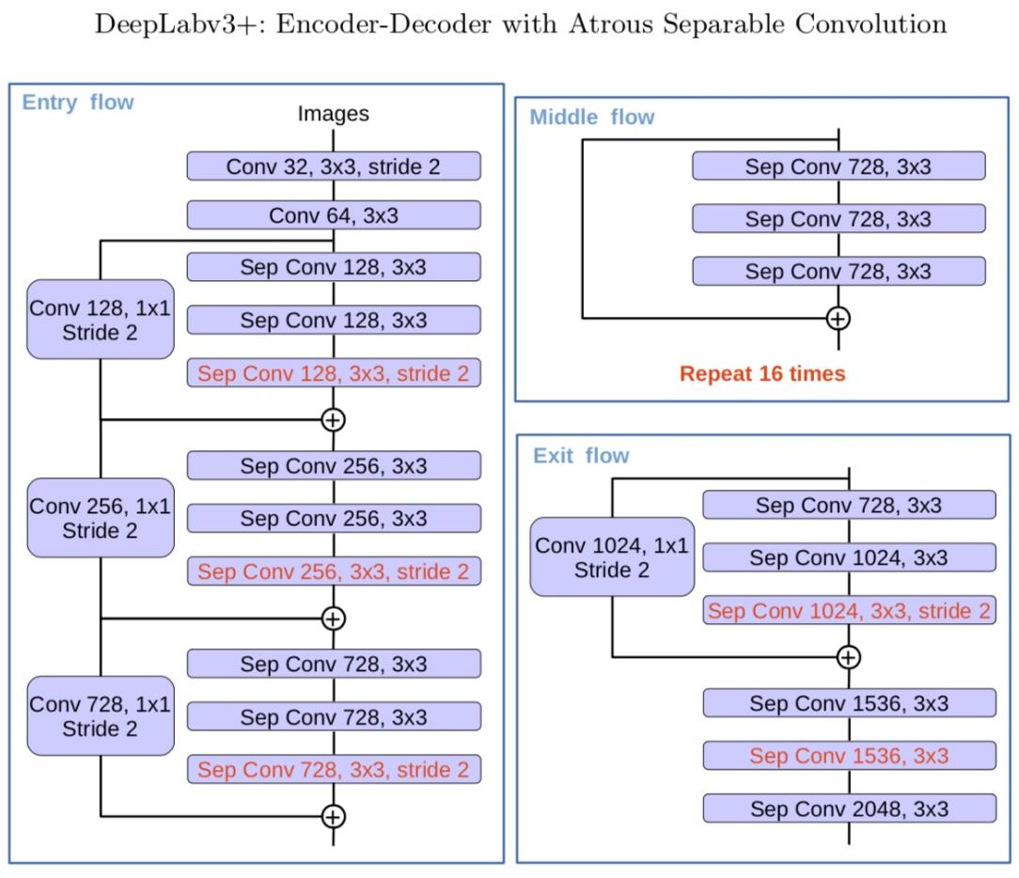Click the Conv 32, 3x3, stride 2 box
tap(334, 167)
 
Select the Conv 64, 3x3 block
tap(334, 216)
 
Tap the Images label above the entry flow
tap(334, 115)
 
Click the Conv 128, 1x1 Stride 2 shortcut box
tap(101, 320)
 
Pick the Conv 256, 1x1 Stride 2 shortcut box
tap(101, 518)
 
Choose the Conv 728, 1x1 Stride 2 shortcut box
tap(101, 716)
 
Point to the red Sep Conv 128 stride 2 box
tap(334, 373)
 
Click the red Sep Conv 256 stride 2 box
tap(334, 572)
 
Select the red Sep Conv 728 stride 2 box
tap(334, 770)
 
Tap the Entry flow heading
tap(78, 102)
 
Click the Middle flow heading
tap(592, 118)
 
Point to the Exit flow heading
tap(581, 456)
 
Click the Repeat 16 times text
tap(762, 374)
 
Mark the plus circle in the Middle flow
tap(838, 318)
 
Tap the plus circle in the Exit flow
tap(849, 656)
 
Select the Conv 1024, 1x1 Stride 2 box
tap(612, 557)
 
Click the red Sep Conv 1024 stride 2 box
tap(849, 611)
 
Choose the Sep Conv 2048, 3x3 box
tap(849, 808)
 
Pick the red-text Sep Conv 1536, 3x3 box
tap(849, 756)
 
